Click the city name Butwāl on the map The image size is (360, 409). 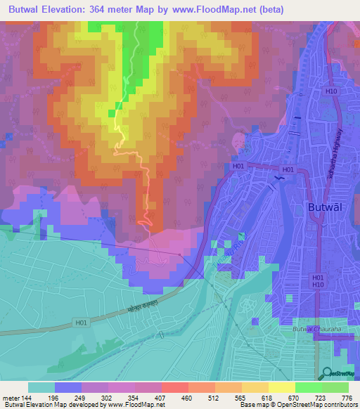click(328, 207)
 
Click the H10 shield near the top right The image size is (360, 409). click(330, 91)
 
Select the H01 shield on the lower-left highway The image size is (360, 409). click(82, 323)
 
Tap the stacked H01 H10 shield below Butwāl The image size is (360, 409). click(318, 282)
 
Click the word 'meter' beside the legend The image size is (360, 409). click(11, 398)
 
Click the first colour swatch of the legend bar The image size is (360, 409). click(41, 387)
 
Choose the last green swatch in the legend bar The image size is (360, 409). click(335, 387)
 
